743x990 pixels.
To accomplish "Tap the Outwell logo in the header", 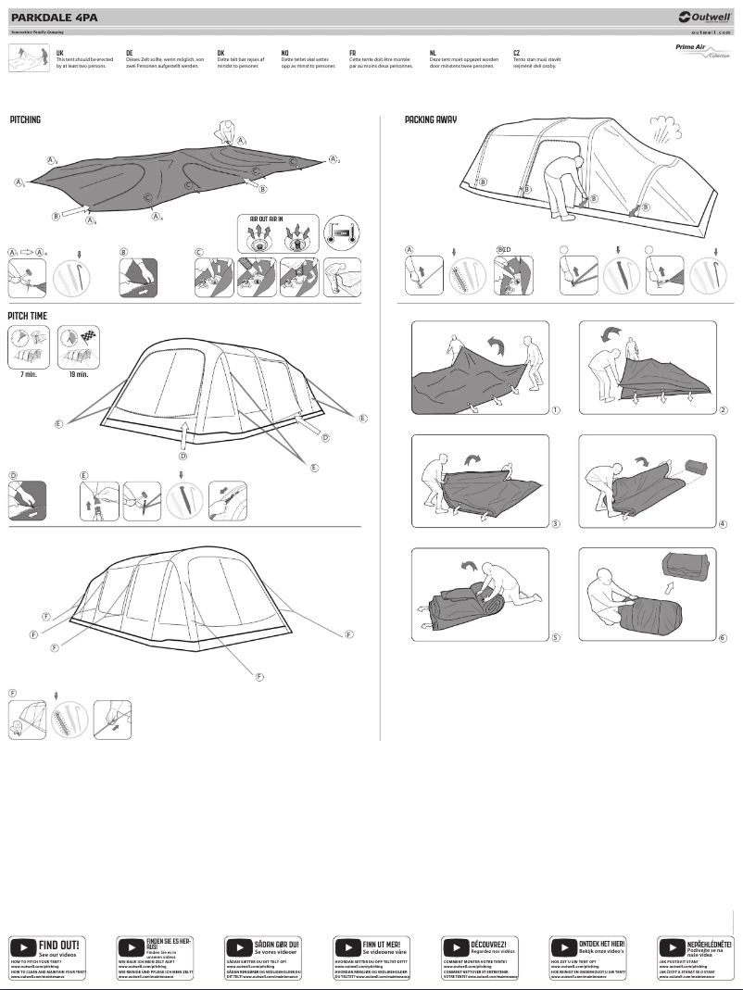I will coord(705,16).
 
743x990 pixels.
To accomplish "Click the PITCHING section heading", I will coord(25,120).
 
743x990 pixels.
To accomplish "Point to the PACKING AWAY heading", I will coord(430,120).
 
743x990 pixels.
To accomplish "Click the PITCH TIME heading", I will coord(28,316).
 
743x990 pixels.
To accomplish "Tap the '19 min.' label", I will coord(77,374).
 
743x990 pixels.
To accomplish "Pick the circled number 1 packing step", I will coord(554,409).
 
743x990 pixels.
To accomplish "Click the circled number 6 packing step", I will coord(723,638).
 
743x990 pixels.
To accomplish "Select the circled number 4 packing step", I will coord(723,524).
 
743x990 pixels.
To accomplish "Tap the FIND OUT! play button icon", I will coord(23,947).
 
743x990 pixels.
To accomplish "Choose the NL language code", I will coord(433,54).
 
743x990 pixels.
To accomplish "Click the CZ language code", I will coord(516,54).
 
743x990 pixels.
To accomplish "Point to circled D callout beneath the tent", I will coord(183,456).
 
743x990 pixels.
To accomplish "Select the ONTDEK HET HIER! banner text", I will coord(601,943).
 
